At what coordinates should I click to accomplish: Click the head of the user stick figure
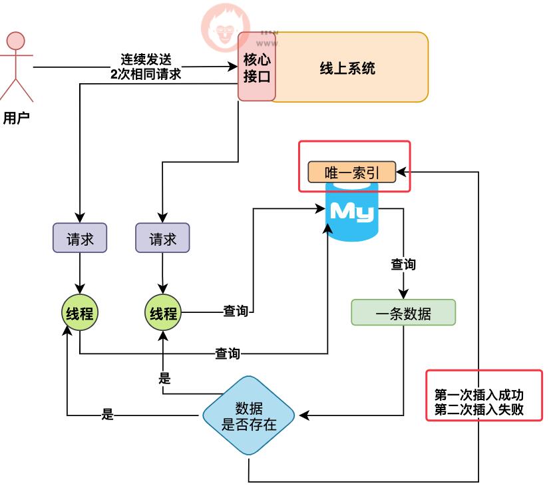15,41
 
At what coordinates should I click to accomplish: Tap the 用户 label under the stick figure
17,118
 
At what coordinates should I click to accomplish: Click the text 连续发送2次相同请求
146,67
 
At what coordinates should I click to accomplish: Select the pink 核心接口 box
257,67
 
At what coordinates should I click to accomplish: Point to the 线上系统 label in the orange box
347,68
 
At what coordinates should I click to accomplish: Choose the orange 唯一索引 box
351,172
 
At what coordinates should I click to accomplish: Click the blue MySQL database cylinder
352,212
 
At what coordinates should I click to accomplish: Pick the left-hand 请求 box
80,238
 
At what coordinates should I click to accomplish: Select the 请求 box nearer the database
162,238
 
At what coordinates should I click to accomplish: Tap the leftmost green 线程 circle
79,313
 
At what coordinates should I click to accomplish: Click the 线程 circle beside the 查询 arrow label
162,313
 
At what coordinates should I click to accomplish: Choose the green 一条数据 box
403,313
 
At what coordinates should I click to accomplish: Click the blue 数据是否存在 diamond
249,416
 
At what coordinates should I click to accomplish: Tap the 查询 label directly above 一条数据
403,264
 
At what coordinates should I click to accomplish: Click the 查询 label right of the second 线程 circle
235,311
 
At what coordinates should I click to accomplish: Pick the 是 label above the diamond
165,379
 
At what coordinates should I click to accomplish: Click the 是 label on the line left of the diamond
108,415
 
